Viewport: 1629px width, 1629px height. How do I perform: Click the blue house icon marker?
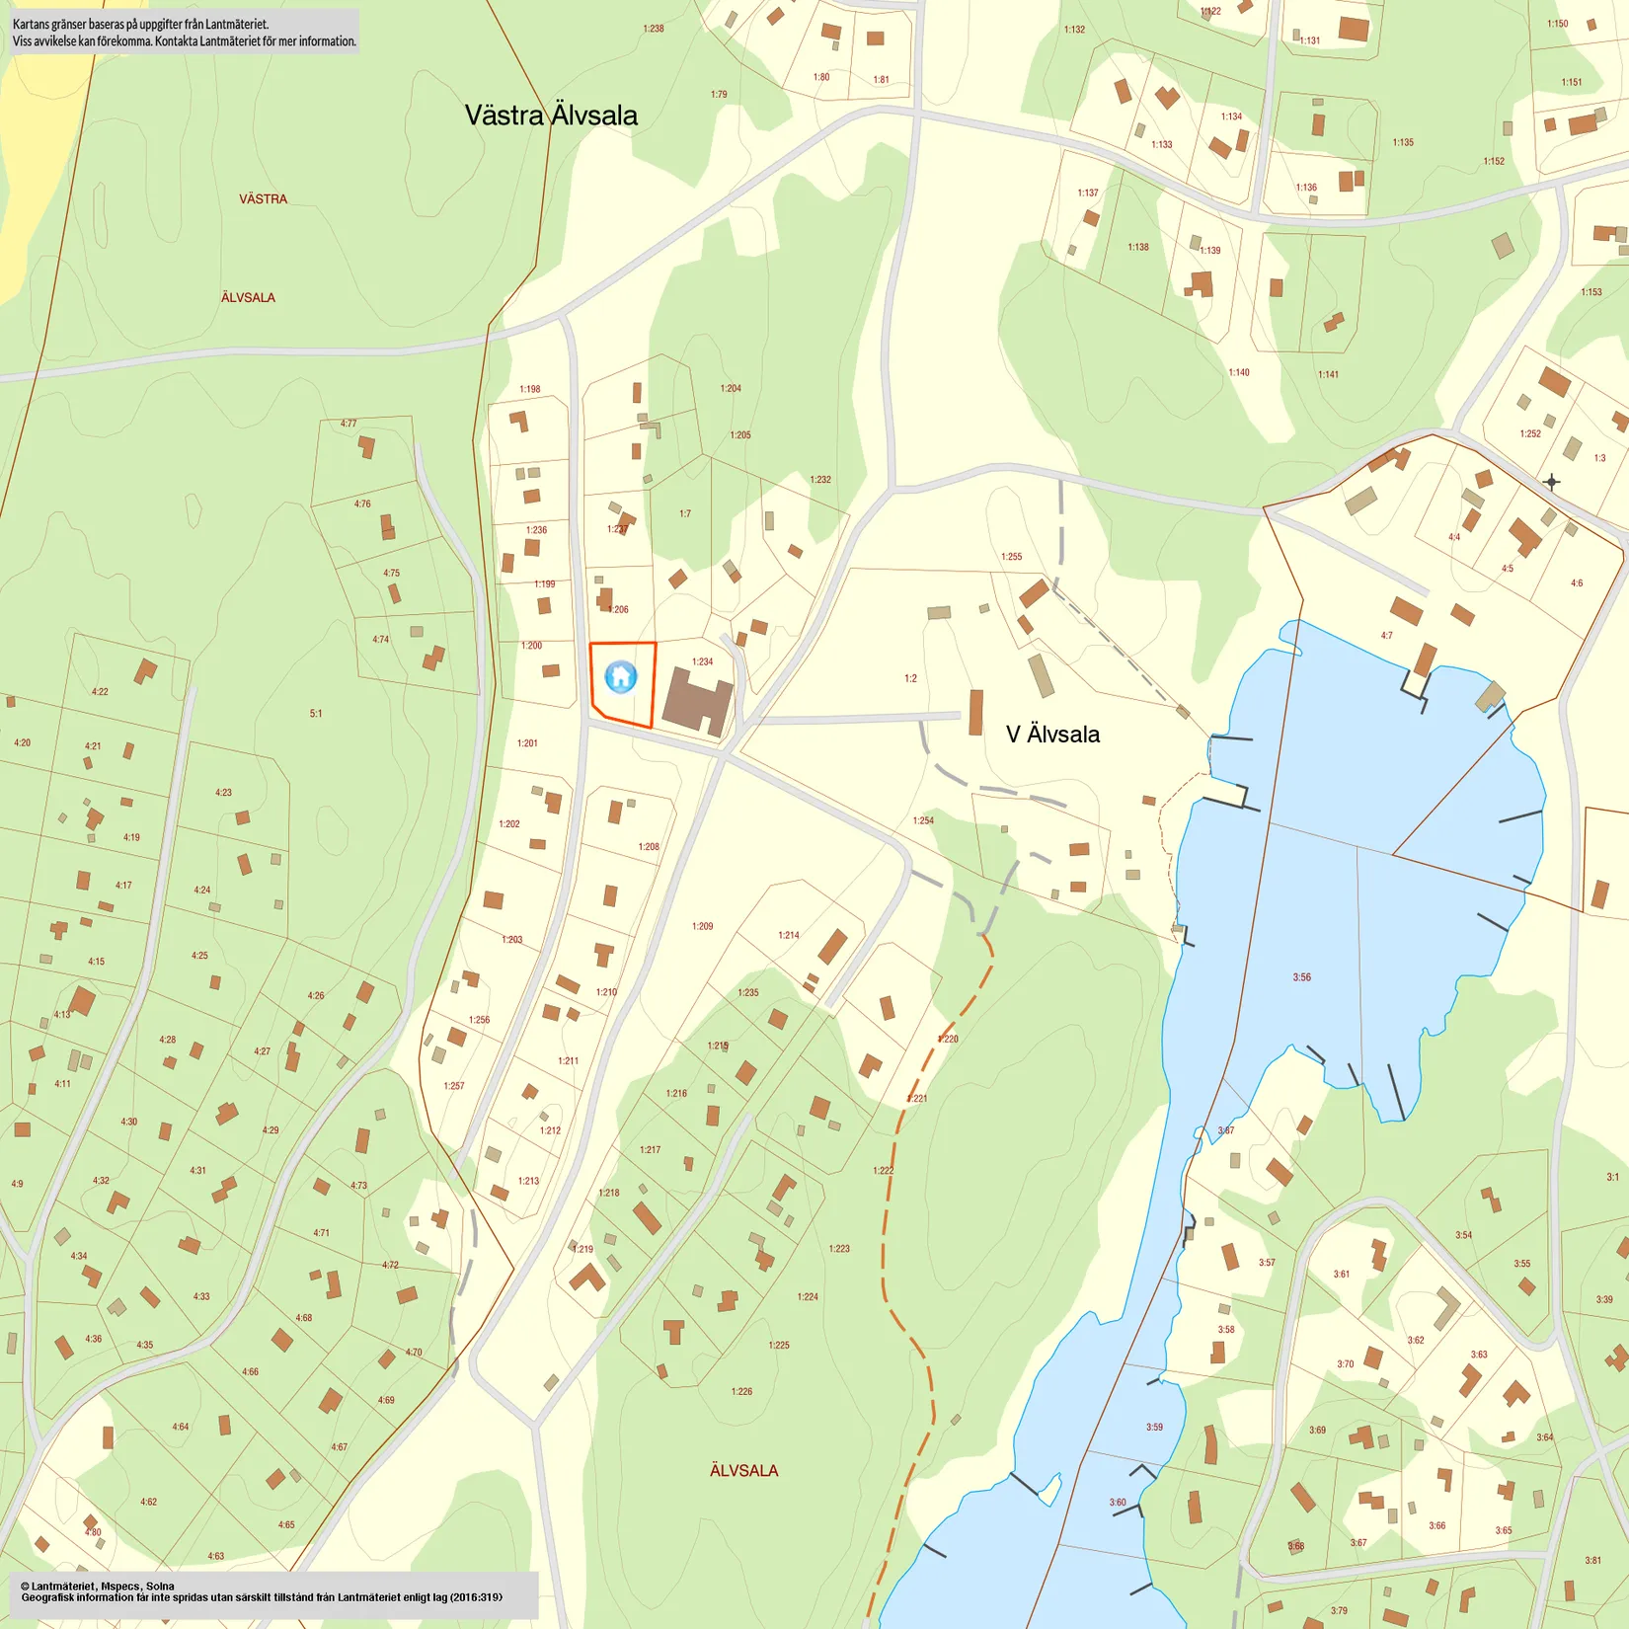(620, 676)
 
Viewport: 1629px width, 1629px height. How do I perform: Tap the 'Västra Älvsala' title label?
(551, 116)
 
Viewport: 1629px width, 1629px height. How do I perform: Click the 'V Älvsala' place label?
(1052, 735)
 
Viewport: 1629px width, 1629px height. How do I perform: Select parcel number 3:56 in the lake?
(1302, 977)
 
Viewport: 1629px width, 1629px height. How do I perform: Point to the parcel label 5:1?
(316, 714)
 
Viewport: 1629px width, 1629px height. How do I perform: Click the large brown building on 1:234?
(697, 700)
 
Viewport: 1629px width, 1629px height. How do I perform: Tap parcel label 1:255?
(1012, 557)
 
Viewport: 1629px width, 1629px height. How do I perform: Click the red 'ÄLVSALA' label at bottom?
(743, 1471)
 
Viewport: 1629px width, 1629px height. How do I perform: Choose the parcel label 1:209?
(702, 926)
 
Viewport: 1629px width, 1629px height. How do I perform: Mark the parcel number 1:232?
(820, 480)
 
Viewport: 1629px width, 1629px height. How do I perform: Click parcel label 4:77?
(349, 425)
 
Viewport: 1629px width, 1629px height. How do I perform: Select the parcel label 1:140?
(1239, 373)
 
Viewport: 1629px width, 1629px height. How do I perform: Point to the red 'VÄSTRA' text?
(263, 199)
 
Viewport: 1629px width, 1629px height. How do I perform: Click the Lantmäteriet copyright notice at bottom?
(262, 1591)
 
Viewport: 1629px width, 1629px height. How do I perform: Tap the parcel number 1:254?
(923, 821)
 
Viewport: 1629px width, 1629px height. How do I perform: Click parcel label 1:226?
(741, 1392)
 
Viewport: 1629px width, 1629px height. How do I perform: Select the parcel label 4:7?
(1387, 636)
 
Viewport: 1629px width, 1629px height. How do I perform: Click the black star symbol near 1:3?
(1551, 482)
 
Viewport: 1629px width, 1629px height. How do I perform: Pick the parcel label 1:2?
(910, 679)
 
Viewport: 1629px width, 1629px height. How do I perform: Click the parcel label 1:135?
(1403, 143)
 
